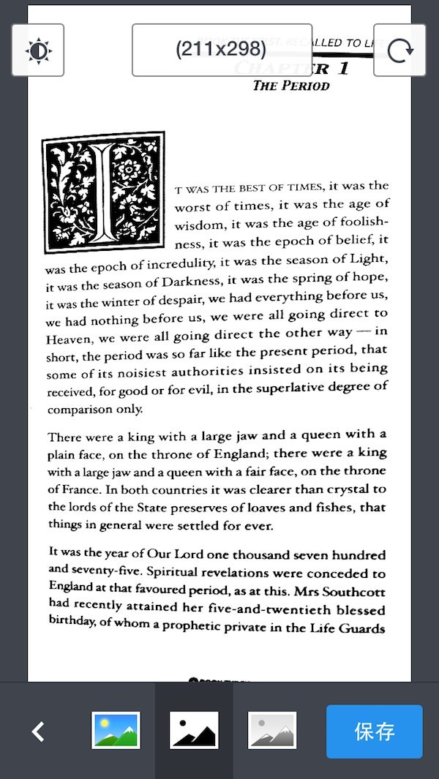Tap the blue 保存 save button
pos(374,731)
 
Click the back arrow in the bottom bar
pos(39,731)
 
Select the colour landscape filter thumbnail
pos(116,730)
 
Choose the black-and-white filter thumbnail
pos(194,730)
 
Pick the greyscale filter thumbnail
pos(272,730)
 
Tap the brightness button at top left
pos(38,50)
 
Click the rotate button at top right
pos(399,50)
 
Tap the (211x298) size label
pos(221,50)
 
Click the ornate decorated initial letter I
pos(103,192)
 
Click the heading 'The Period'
pos(291,86)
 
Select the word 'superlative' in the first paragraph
pos(289,388)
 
